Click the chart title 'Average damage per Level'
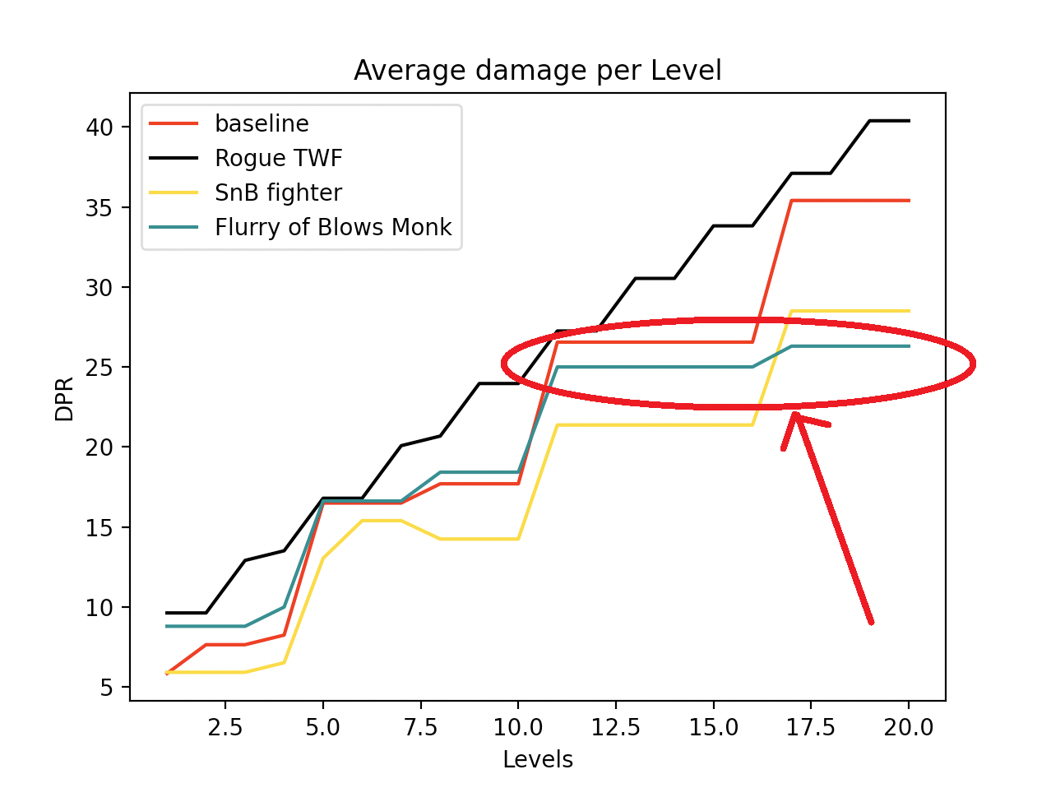[x=538, y=71]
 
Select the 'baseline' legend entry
[x=262, y=123]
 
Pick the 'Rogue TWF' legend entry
[x=278, y=158]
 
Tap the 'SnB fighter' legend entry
[x=278, y=192]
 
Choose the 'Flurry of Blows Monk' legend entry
[x=333, y=227]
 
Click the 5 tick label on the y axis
[x=108, y=688]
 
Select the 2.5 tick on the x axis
[x=225, y=728]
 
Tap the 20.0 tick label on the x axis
[x=909, y=728]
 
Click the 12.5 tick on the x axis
[x=615, y=728]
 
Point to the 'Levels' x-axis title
[x=538, y=759]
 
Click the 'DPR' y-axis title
[x=64, y=399]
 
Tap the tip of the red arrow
[x=794, y=413]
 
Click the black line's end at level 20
[x=909, y=121]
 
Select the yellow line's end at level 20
[x=909, y=311]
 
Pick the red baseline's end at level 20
[x=909, y=201]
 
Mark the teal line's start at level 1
[x=167, y=626]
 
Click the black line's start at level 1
[x=167, y=613]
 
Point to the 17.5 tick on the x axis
[x=811, y=728]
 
